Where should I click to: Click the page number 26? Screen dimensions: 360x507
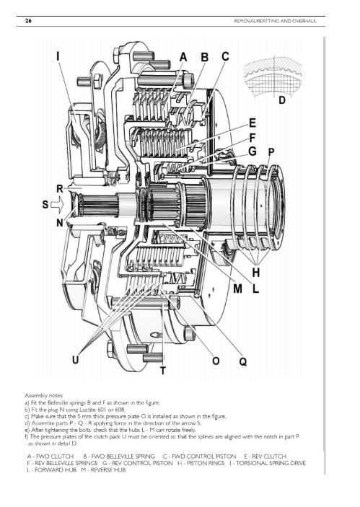click(x=28, y=21)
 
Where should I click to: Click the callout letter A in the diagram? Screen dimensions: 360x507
click(x=183, y=57)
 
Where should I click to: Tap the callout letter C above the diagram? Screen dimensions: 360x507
click(x=225, y=56)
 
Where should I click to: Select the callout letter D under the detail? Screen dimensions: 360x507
click(x=282, y=100)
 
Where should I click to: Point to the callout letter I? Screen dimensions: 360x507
click(x=58, y=56)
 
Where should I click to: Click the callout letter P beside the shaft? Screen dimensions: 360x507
click(x=271, y=151)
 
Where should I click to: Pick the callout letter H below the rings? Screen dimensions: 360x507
click(x=256, y=273)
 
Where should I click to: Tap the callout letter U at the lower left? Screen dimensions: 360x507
click(x=75, y=360)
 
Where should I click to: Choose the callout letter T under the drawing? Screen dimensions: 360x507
click(x=163, y=371)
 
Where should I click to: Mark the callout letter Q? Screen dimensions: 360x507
click(x=243, y=361)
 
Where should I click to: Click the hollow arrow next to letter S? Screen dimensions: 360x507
click(x=58, y=204)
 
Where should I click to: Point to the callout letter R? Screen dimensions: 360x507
click(x=59, y=188)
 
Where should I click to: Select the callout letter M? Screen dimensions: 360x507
click(x=238, y=288)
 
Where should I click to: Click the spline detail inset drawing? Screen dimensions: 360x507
click(x=273, y=77)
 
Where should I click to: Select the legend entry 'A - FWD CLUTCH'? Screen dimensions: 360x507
click(x=50, y=457)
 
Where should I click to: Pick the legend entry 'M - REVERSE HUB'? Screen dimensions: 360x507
click(x=103, y=469)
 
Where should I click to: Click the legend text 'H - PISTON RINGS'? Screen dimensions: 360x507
click(x=201, y=463)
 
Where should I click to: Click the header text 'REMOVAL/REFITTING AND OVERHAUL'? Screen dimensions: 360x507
click(x=276, y=22)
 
